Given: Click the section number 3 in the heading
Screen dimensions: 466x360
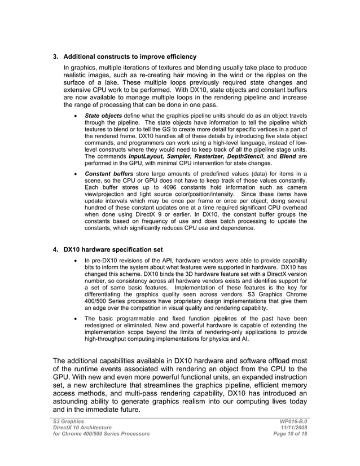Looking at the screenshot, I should pos(55,57).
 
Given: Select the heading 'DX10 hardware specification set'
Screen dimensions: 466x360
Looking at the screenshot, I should pos(113,249).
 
